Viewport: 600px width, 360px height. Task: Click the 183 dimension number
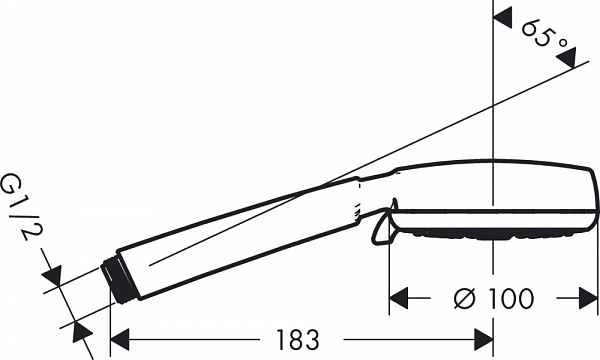coord(297,339)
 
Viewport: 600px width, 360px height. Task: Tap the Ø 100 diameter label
coord(493,298)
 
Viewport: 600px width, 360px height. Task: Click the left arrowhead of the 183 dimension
coord(119,339)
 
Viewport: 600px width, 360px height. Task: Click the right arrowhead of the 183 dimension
coord(484,339)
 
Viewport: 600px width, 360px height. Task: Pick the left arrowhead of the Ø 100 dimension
coord(398,298)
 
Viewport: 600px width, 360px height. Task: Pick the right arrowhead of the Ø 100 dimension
coord(588,298)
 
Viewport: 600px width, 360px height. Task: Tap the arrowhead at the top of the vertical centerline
coord(502,18)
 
